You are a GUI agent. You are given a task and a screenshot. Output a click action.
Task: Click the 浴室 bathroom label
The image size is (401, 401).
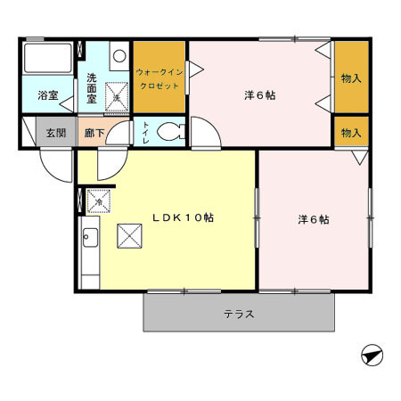47,94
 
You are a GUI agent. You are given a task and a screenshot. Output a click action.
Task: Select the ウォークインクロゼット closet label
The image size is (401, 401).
160,78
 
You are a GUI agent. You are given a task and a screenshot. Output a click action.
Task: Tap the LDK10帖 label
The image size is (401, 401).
182,217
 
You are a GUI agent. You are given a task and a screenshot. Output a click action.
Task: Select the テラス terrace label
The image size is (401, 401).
239,314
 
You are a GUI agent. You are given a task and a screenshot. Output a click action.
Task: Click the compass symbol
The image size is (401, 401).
372,356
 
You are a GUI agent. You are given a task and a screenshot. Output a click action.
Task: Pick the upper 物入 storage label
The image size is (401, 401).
351,78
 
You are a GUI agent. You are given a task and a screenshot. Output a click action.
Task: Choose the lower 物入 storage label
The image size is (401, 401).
351,132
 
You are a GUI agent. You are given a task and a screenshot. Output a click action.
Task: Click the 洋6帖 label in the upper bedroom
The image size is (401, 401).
259,94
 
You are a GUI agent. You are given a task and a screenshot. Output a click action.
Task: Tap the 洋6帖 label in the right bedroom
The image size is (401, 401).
313,219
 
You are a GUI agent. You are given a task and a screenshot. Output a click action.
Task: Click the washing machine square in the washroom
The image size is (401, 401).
117,92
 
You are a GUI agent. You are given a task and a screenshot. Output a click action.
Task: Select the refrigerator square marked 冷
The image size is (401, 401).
99,201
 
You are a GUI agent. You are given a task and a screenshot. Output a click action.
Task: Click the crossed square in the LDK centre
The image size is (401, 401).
130,236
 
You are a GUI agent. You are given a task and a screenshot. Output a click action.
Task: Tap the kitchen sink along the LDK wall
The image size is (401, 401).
89,238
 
